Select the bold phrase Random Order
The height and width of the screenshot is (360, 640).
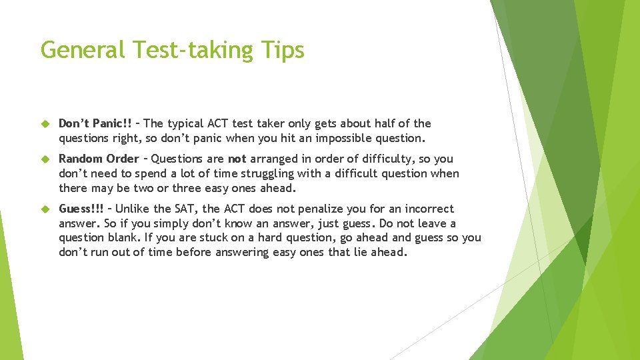coord(99,159)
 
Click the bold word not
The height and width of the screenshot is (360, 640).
coord(237,159)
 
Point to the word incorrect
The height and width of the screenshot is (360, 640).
coord(427,209)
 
